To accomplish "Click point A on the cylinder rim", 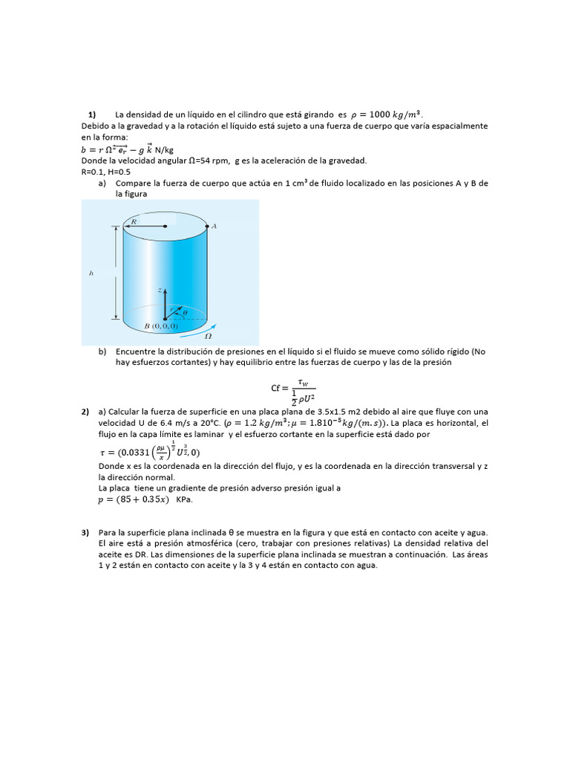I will pyautogui.click(x=214, y=226).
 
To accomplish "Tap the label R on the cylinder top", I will pyautogui.click(x=134, y=220).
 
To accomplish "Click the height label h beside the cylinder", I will pyautogui.click(x=91, y=273).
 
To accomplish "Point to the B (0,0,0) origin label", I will pyautogui.click(x=161, y=326).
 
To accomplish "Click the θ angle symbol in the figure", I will pyautogui.click(x=185, y=313).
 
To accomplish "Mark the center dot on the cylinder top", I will pyautogui.click(x=165, y=226).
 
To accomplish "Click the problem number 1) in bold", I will pyautogui.click(x=92, y=114).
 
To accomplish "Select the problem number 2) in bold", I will pyautogui.click(x=85, y=412).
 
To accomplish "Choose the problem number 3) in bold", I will pyautogui.click(x=85, y=533).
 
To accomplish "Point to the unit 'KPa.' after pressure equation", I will pyautogui.click(x=184, y=500).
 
